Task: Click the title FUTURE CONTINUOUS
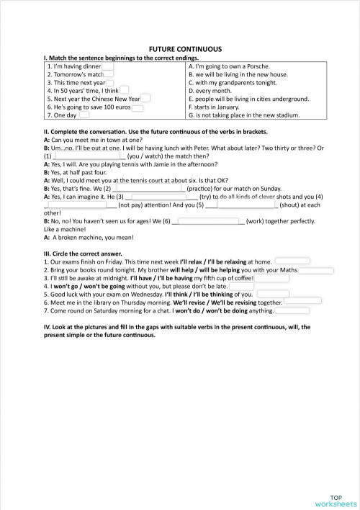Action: pyautogui.click(x=179, y=44)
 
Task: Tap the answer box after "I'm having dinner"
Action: pyautogui.click(x=107, y=66)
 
